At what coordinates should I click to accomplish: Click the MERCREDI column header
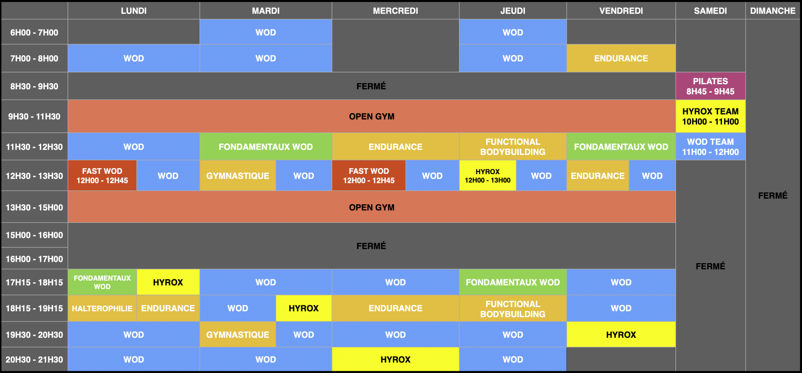[x=395, y=11]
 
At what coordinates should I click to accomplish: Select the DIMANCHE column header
[x=773, y=11]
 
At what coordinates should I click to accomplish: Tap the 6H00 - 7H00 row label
[x=34, y=32]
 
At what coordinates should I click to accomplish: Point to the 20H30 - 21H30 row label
[x=34, y=359]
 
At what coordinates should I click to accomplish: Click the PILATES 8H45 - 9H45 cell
[x=711, y=86]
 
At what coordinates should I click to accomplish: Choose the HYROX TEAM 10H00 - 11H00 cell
[x=711, y=116]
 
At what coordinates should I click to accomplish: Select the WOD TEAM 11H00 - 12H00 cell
[x=711, y=147]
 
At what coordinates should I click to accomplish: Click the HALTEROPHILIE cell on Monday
[x=102, y=308]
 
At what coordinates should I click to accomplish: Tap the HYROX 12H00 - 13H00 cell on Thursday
[x=487, y=175]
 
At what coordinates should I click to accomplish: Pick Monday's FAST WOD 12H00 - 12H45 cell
[x=102, y=175]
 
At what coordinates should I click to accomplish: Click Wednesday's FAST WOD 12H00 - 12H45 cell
[x=369, y=175]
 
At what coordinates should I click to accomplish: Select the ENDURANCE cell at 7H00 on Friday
[x=621, y=58]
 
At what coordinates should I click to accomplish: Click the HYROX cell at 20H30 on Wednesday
[x=395, y=359]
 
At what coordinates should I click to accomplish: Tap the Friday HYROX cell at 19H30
[x=621, y=334]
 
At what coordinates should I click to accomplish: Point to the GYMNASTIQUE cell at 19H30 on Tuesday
[x=238, y=334]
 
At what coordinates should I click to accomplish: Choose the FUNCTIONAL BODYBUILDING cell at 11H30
[x=513, y=147]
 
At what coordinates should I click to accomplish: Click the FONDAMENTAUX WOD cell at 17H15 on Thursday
[x=513, y=282]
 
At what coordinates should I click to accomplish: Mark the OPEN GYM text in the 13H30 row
[x=372, y=207]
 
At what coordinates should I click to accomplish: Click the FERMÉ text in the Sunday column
[x=773, y=195]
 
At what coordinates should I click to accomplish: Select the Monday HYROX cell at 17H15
[x=168, y=282]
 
